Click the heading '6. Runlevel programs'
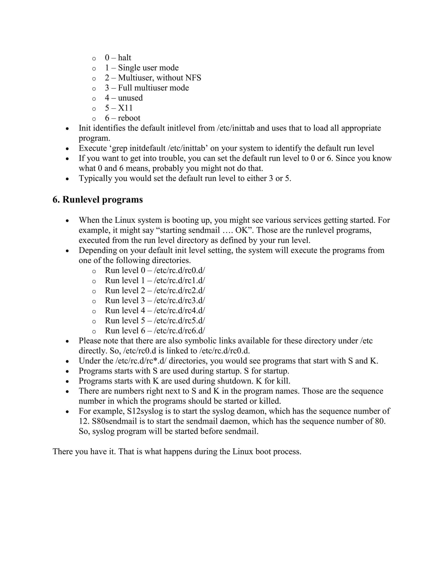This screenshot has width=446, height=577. [x=98, y=200]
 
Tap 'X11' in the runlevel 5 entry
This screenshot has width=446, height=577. [x=125, y=108]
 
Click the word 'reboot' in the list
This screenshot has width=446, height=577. [x=129, y=118]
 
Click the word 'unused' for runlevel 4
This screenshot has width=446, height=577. [x=130, y=98]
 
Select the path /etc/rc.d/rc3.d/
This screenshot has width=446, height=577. [x=179, y=300]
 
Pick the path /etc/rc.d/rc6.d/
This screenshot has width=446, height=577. [x=179, y=331]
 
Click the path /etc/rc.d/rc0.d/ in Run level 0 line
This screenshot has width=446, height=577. [x=179, y=270]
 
